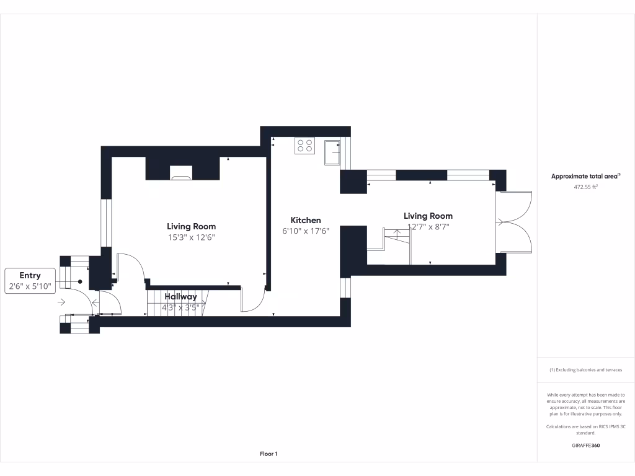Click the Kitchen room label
click(306, 220)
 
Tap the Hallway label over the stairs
click(180, 297)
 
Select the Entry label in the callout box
click(30, 276)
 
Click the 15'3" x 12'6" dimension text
click(191, 237)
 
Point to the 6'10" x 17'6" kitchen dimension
click(306, 231)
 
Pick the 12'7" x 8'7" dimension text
click(428, 227)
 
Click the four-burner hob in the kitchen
click(304, 146)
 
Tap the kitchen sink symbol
click(332, 152)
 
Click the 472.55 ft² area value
click(585, 187)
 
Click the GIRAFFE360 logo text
click(585, 445)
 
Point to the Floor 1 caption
click(269, 454)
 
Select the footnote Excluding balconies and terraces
click(585, 370)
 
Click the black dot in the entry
click(80, 281)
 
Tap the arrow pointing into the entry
click(61, 302)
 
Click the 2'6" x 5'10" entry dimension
click(30, 287)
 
